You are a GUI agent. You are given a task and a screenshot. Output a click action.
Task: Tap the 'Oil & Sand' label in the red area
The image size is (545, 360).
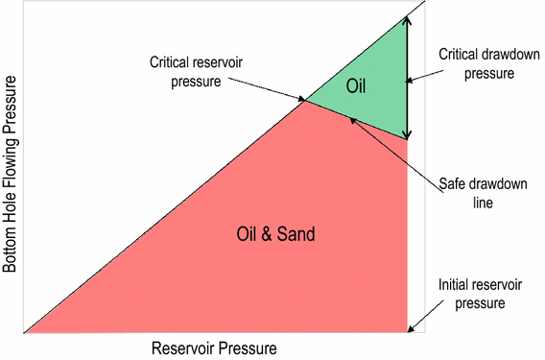275,233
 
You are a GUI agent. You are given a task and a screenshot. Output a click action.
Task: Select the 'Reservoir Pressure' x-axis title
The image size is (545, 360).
214,347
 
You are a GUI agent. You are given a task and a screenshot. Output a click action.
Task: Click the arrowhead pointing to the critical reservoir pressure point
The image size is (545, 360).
302,98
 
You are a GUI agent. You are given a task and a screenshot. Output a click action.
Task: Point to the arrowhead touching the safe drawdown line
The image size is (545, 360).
352,119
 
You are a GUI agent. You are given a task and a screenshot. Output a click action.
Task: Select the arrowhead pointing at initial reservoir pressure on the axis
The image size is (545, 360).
412,330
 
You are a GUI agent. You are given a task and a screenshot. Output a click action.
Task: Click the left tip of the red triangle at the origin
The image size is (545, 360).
24,333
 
